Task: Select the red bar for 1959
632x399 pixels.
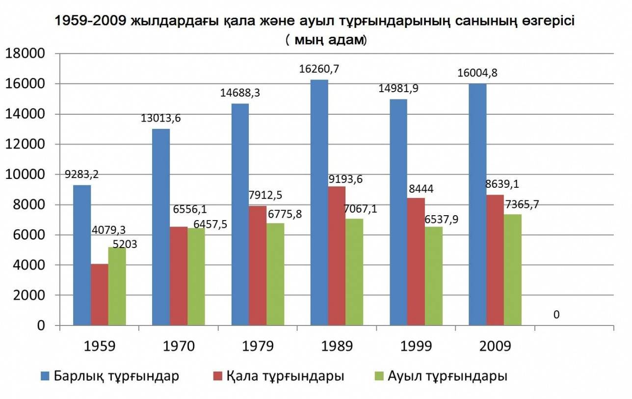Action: coord(100,294)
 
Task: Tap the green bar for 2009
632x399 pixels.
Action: coord(512,270)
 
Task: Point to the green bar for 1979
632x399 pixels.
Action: coord(275,274)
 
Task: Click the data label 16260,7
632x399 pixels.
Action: coord(319,69)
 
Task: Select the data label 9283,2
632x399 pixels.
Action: coord(81,175)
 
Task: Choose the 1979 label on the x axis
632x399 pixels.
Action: coord(258,346)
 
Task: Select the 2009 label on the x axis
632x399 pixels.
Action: coord(495,346)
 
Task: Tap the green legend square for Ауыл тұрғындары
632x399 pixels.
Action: coord(378,376)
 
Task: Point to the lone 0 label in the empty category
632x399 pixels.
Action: coord(556,314)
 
